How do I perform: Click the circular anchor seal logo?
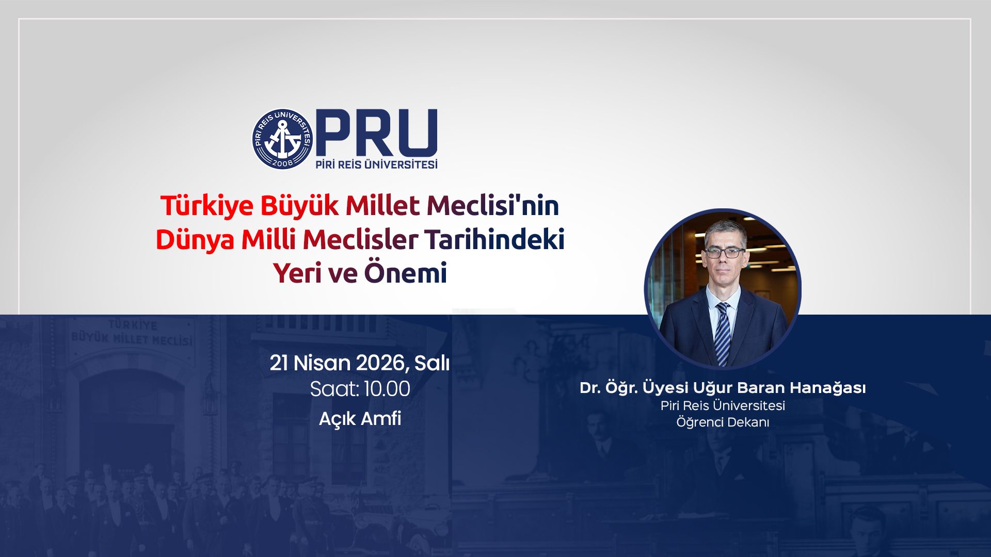282,139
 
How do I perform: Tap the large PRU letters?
377,133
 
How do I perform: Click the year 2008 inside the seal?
282,162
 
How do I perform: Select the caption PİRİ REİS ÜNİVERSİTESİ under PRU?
377,165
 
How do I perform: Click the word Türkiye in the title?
207,205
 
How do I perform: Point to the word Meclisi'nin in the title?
493,205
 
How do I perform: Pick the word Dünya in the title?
195,239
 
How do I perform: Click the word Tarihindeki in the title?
494,239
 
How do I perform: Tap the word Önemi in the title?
406,273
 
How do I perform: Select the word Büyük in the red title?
299,206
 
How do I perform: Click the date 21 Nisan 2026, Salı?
360,363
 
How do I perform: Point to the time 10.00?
387,389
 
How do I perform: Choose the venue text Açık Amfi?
360,418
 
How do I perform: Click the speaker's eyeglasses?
725,252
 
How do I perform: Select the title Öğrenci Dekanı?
723,422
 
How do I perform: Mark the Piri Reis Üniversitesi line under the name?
723,405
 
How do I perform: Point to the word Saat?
334,389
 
